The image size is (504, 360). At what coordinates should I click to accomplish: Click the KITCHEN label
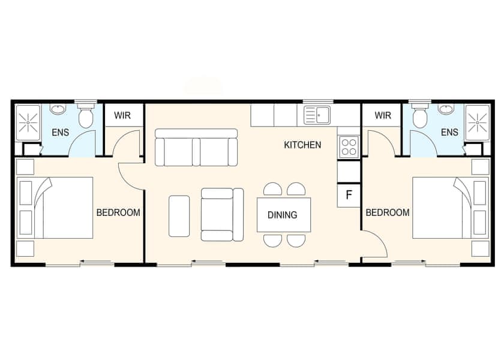(302, 145)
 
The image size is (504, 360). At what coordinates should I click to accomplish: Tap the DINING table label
(282, 215)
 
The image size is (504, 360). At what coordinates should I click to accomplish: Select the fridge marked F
(349, 196)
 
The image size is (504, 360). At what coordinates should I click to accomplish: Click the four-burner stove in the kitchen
(349, 147)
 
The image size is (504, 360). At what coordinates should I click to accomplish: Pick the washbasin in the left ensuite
(59, 110)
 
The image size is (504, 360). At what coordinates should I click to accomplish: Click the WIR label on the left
(124, 115)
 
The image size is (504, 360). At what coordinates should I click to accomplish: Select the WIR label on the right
(383, 115)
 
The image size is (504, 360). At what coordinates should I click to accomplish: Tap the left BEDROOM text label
(118, 212)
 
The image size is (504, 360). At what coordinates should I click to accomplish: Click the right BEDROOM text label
(388, 212)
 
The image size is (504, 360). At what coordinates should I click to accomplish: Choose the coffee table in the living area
(179, 215)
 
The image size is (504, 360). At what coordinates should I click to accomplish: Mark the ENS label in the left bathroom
(59, 133)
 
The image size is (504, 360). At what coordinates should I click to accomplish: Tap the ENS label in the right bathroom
(449, 133)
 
